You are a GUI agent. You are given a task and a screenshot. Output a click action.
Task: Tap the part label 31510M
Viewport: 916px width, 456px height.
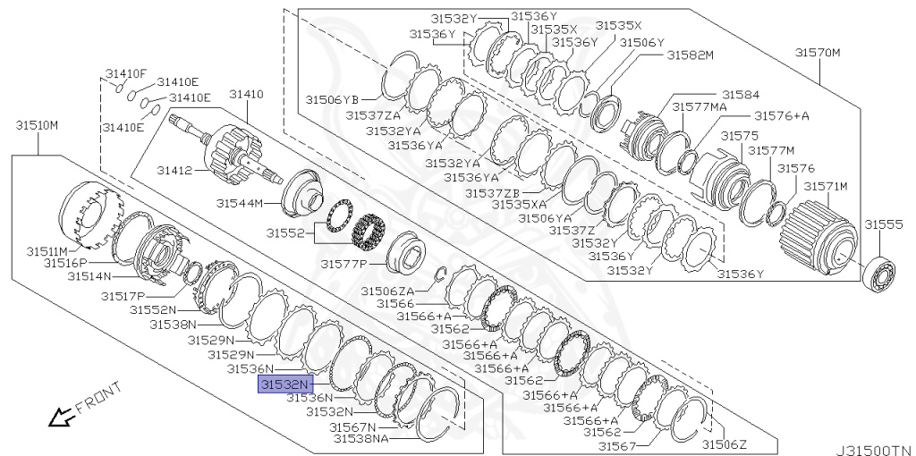pyautogui.click(x=37, y=124)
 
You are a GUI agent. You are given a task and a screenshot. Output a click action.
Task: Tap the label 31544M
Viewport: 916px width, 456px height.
pyautogui.click(x=240, y=204)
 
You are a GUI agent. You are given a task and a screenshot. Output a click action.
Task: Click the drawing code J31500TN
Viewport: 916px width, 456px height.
pyautogui.click(x=874, y=450)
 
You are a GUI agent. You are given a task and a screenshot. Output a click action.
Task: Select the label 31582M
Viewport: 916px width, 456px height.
pyautogui.click(x=690, y=55)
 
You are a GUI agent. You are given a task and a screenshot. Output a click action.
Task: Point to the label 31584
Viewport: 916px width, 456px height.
pyautogui.click(x=741, y=94)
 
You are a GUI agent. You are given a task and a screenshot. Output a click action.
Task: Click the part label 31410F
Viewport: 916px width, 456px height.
pyautogui.click(x=126, y=72)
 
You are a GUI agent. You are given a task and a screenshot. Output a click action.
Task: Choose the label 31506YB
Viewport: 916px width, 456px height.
pyautogui.click(x=332, y=99)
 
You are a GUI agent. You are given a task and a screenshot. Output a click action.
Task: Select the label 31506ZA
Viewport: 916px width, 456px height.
pyautogui.click(x=387, y=291)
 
